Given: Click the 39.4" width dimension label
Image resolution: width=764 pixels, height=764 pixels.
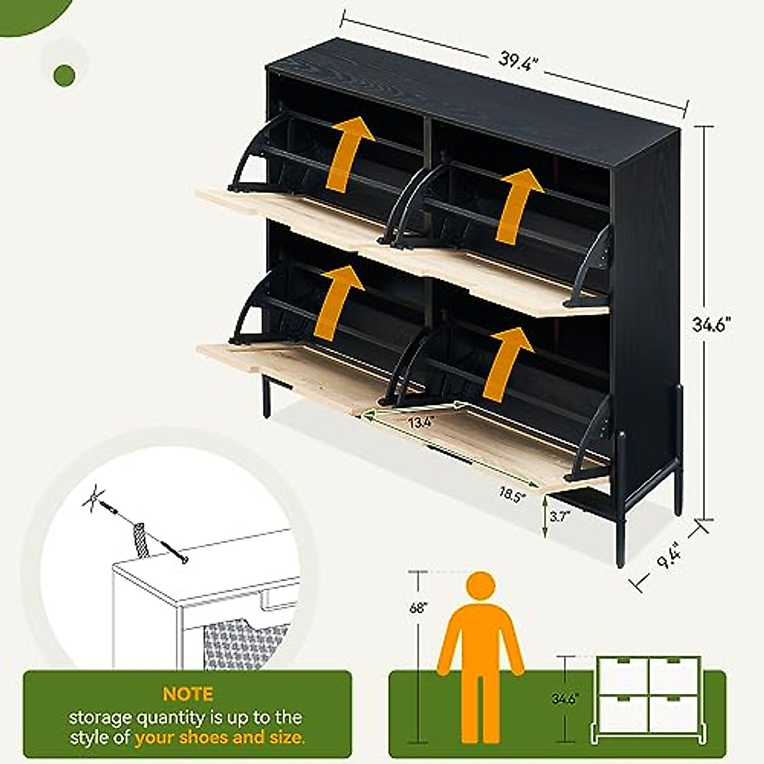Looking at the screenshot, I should (519, 61).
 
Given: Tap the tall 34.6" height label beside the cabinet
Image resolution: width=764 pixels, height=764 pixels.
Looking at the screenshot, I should (711, 325).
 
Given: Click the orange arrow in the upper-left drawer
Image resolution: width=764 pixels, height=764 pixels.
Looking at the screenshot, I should (349, 153).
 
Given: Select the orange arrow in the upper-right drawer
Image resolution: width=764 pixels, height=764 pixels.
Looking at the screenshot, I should (520, 205).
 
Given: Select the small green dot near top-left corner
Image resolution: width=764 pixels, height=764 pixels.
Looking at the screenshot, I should (64, 76).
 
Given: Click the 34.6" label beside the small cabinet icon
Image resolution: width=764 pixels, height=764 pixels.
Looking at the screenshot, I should (564, 699).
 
